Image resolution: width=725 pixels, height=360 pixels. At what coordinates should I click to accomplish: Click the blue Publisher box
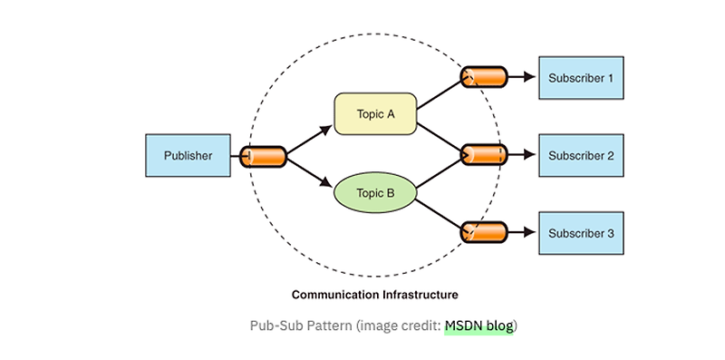click(x=188, y=156)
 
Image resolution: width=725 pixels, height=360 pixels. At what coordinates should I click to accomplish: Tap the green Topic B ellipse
click(x=375, y=192)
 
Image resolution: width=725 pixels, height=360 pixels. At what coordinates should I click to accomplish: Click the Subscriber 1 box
click(x=581, y=78)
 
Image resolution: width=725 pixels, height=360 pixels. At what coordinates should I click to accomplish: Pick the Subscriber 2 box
click(x=581, y=156)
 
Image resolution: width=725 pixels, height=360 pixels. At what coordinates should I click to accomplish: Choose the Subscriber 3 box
click(x=581, y=233)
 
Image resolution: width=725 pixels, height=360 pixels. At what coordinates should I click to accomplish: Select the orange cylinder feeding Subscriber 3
click(x=483, y=232)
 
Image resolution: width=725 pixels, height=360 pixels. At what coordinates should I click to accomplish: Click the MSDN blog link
click(x=478, y=326)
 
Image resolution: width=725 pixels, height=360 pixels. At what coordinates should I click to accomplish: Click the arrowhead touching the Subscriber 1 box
click(x=531, y=77)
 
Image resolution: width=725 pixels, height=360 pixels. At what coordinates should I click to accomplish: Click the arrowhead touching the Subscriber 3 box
click(x=531, y=232)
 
